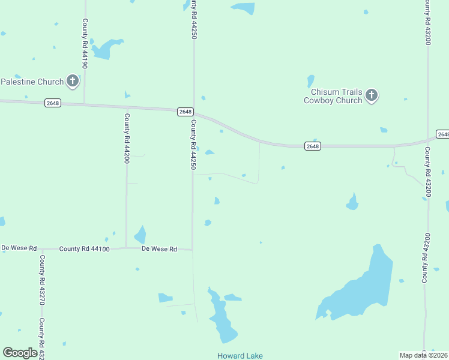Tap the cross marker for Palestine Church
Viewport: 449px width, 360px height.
[73, 80]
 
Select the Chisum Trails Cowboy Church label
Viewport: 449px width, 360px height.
[333, 96]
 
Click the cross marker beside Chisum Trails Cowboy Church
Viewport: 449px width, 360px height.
[372, 95]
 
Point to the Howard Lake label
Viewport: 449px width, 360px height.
[240, 356]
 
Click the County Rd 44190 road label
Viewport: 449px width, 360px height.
[85, 43]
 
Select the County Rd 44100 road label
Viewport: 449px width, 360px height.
[84, 248]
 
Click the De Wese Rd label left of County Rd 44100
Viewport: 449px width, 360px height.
[19, 248]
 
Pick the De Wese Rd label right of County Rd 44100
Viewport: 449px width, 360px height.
[159, 248]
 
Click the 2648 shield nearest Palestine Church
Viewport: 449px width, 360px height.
[53, 103]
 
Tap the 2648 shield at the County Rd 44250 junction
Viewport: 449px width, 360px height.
[185, 112]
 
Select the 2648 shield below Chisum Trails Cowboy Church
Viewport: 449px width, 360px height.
[312, 146]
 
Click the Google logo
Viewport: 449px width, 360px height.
[20, 353]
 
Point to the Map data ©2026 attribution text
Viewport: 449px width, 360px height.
[424, 355]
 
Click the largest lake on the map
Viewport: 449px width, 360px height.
[360, 288]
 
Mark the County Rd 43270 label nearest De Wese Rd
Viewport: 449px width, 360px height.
[42, 280]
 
